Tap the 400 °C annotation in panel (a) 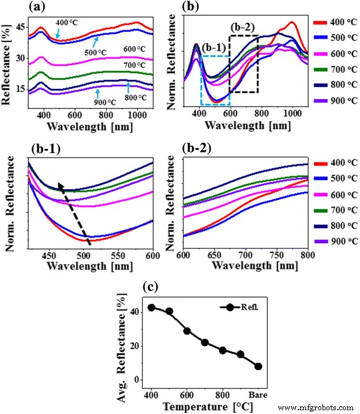[x=69, y=23]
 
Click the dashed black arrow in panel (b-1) [x=75, y=213]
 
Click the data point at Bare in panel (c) [x=259, y=366]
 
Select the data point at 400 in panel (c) [x=152, y=307]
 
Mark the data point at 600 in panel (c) [x=187, y=331]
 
